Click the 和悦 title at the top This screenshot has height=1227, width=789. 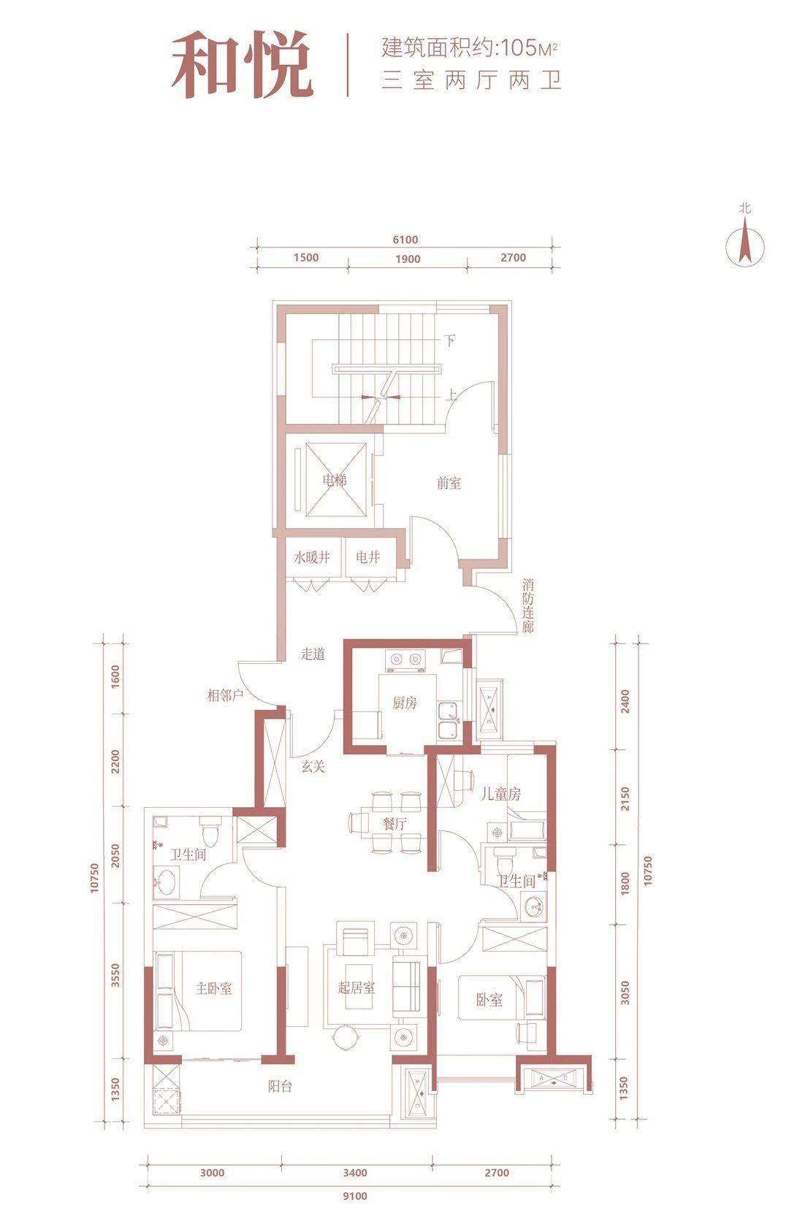[x=242, y=65]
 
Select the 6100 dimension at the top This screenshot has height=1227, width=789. [x=405, y=240]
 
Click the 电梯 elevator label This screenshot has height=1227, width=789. [x=335, y=481]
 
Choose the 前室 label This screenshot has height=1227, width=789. [x=449, y=483]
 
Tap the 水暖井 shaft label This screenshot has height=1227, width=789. [x=312, y=558]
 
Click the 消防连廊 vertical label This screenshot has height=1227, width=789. [x=527, y=605]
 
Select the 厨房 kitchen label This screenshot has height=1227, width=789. [x=405, y=703]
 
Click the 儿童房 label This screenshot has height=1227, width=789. [x=501, y=794]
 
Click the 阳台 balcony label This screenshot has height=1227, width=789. [x=280, y=1082]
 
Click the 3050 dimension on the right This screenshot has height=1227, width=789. [x=625, y=993]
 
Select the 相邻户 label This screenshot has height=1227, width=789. [x=225, y=695]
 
